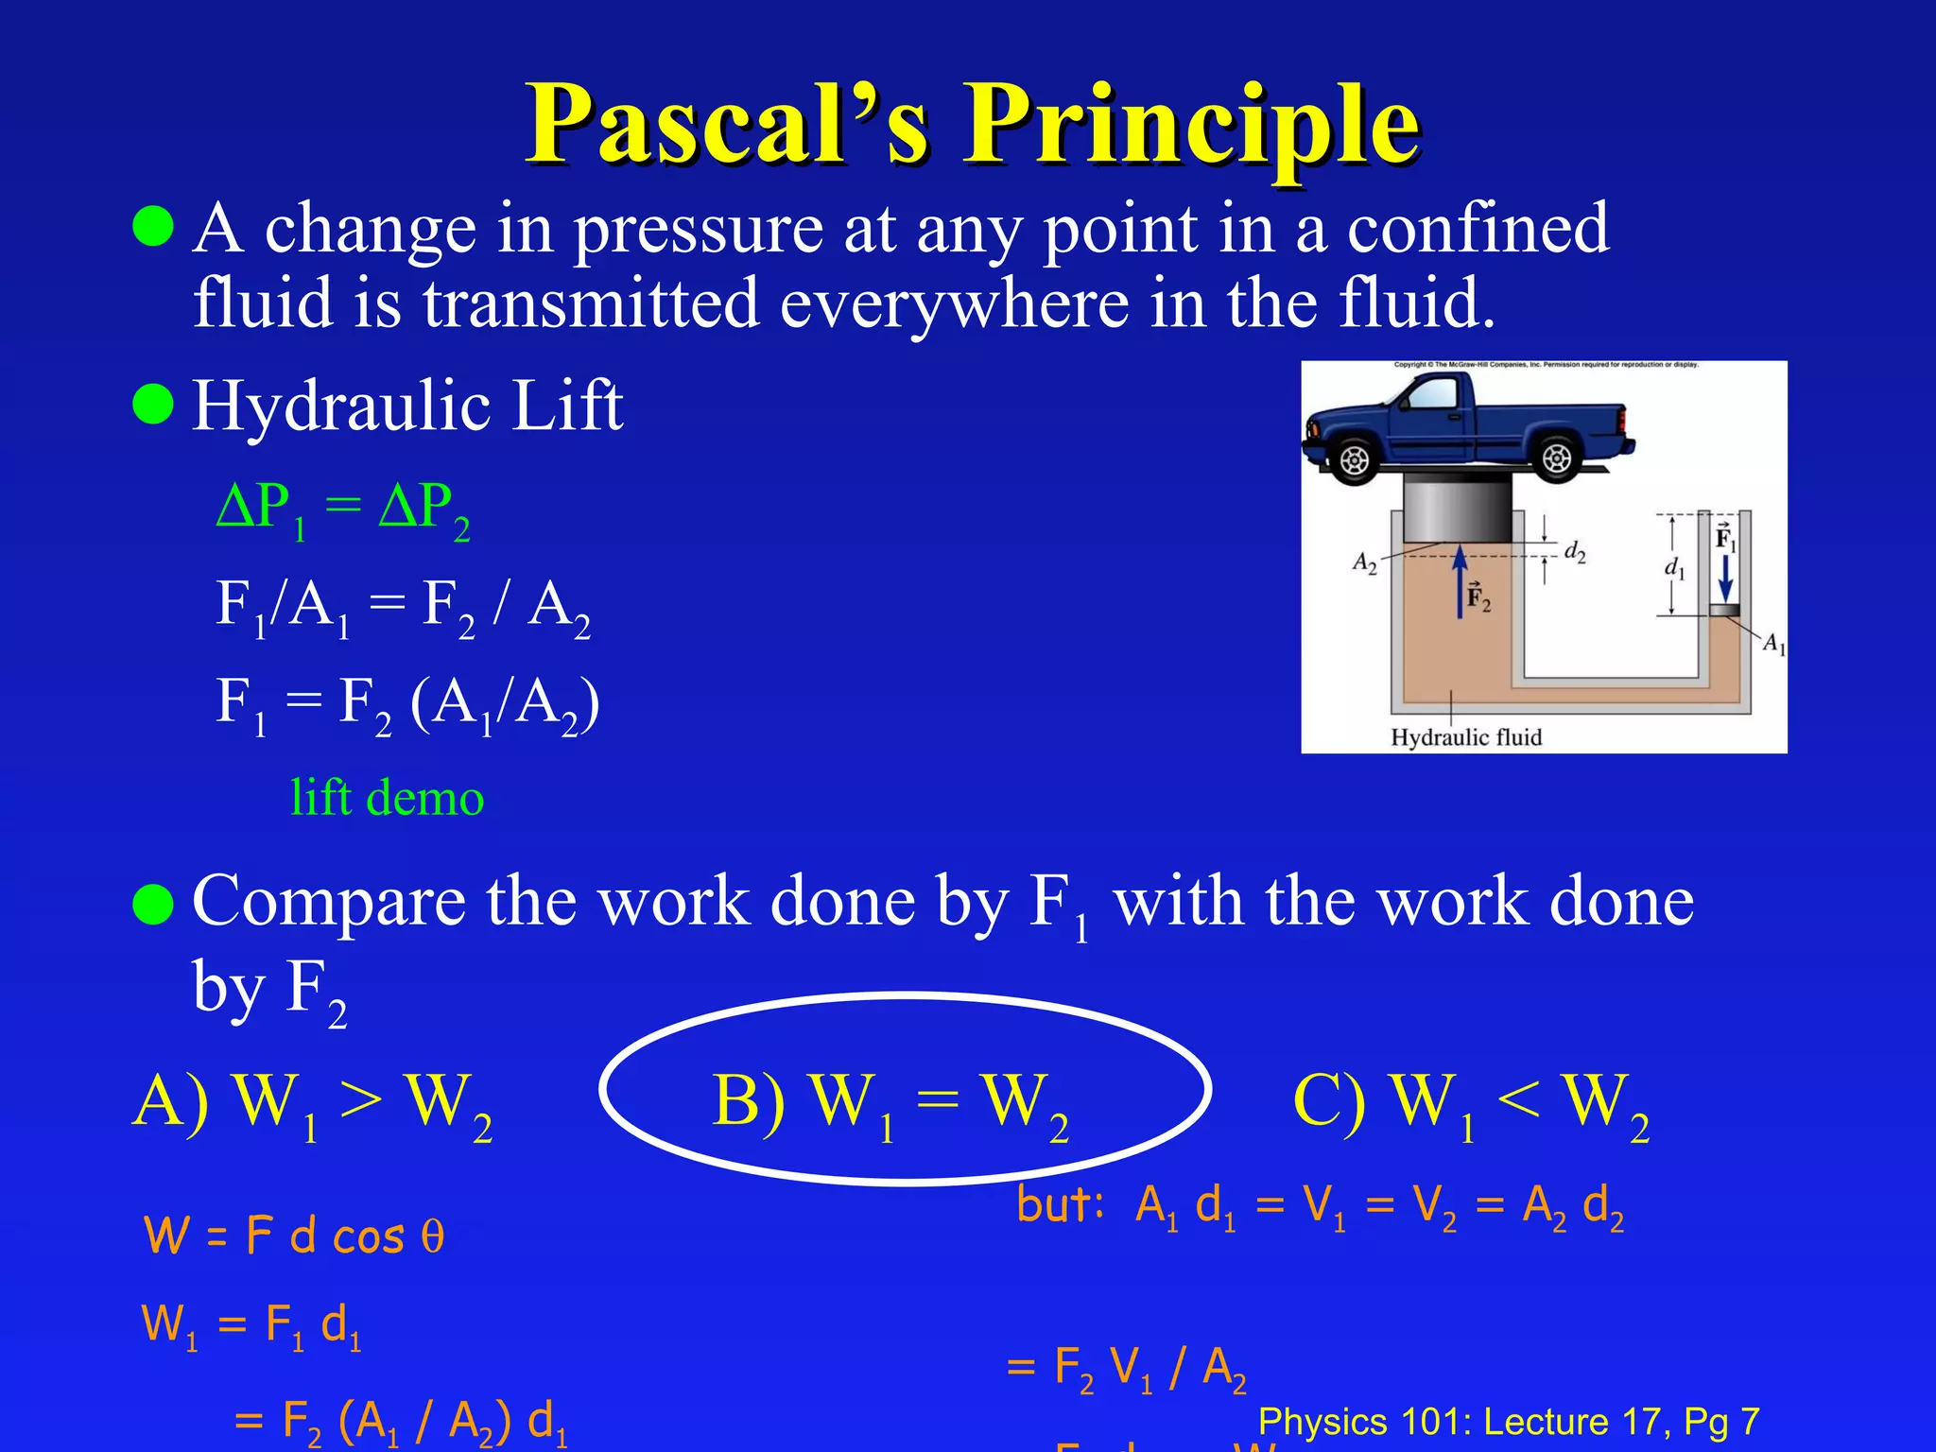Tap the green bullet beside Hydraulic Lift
click(153, 405)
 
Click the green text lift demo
click(387, 798)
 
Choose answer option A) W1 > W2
click(312, 1103)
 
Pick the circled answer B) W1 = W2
click(890, 1103)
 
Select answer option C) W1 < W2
click(1470, 1103)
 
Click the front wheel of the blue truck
click(1354, 460)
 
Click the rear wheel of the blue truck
click(1556, 459)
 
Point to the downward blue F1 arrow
click(1725, 576)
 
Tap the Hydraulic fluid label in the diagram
click(1465, 737)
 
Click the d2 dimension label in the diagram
click(1574, 551)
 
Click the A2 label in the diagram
click(1364, 562)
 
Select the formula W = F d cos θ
click(293, 1236)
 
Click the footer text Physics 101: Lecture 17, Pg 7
click(1509, 1421)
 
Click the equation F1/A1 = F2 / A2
click(403, 606)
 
